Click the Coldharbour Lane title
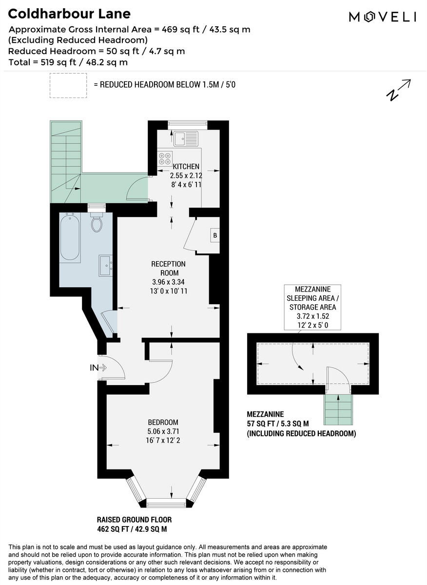[x=69, y=14]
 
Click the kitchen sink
[x=186, y=138]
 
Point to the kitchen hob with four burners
[x=165, y=157]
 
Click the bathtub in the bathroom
[x=70, y=237]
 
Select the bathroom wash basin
[x=106, y=266]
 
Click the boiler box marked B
[x=214, y=236]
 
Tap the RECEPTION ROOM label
[x=169, y=269]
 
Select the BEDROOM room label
[x=163, y=422]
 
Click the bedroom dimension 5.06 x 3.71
[x=163, y=431]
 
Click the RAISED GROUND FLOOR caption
[x=134, y=520]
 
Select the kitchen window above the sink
[x=188, y=124]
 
